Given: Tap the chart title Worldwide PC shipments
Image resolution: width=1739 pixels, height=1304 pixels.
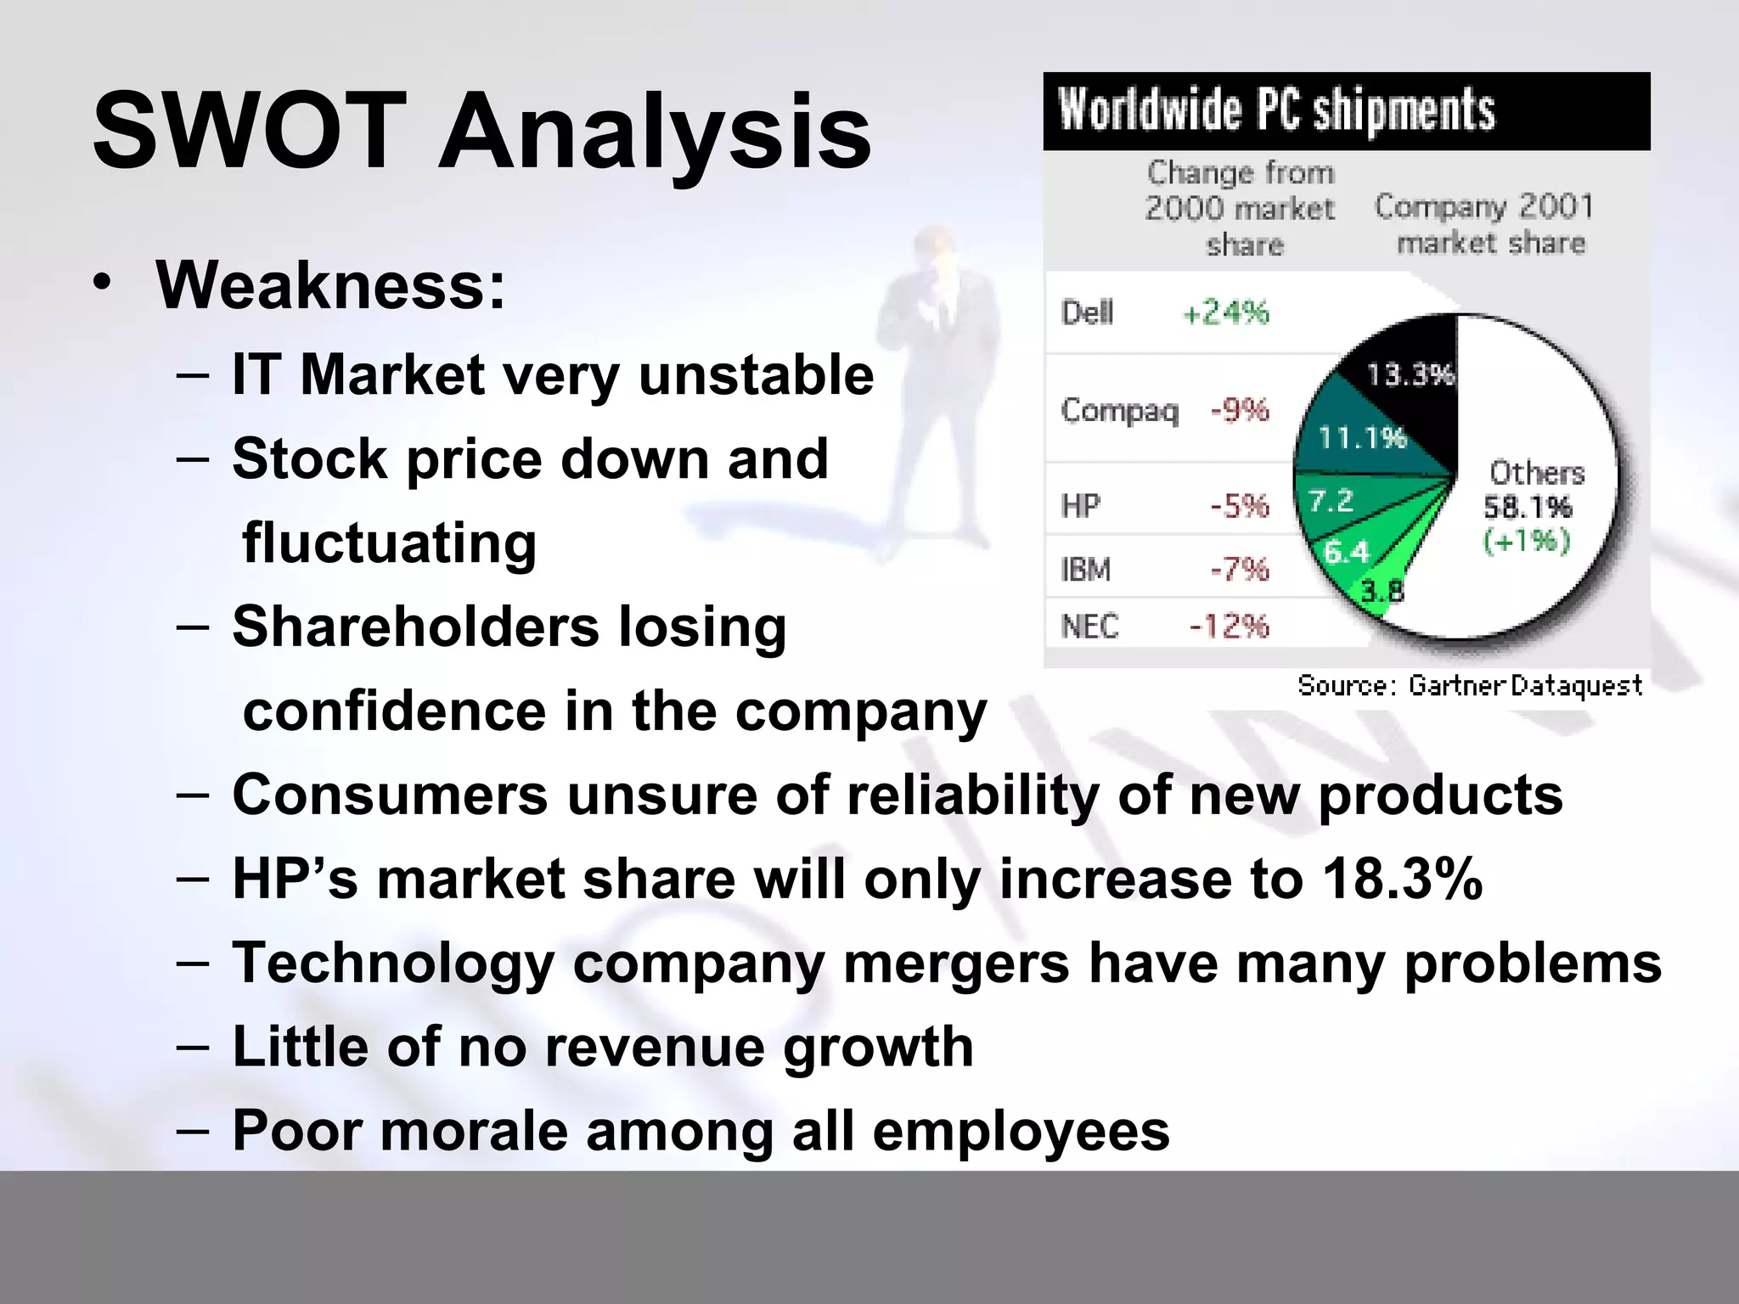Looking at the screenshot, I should [x=1276, y=111].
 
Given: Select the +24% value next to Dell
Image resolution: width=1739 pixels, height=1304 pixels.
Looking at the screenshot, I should [x=1225, y=313].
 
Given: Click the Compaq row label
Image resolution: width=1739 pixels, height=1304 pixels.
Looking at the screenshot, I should [x=1120, y=411].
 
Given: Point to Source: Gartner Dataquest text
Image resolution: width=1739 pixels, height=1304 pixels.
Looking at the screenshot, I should [x=1469, y=685].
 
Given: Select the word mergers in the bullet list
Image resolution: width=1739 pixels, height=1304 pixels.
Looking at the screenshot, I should [x=955, y=964].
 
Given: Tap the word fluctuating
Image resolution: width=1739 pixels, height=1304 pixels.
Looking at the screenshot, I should [x=389, y=543].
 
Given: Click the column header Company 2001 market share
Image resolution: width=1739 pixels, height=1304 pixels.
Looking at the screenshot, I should [x=1483, y=224].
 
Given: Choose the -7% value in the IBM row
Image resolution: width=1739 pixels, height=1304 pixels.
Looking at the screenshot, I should [x=1239, y=569].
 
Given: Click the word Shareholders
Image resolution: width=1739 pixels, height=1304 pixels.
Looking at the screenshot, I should [x=415, y=627].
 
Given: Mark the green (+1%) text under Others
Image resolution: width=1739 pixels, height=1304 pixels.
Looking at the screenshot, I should [x=1526, y=541].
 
